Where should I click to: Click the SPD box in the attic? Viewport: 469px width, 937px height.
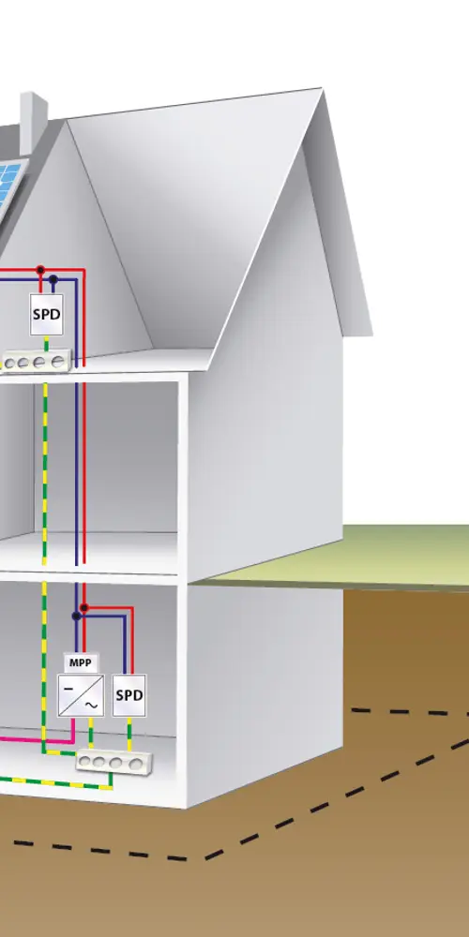click(x=47, y=314)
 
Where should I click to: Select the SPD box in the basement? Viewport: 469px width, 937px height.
click(x=129, y=695)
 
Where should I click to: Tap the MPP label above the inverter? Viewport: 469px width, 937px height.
click(x=80, y=662)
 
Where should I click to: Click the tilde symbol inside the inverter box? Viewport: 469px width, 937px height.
click(x=91, y=706)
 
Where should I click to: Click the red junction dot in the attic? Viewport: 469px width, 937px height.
click(x=40, y=270)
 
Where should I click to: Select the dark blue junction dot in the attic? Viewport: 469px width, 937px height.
click(x=53, y=279)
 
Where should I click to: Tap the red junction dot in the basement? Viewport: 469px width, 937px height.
click(x=84, y=608)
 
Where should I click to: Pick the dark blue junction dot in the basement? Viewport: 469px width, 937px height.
click(x=76, y=617)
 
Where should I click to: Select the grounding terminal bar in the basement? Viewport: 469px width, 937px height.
click(x=114, y=762)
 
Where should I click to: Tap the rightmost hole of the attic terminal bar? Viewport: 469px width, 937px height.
click(x=57, y=362)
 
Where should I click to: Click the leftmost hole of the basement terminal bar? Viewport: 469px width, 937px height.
click(x=85, y=761)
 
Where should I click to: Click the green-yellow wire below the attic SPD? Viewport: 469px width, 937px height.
click(x=47, y=344)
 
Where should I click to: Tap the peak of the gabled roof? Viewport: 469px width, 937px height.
click(x=322, y=89)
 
